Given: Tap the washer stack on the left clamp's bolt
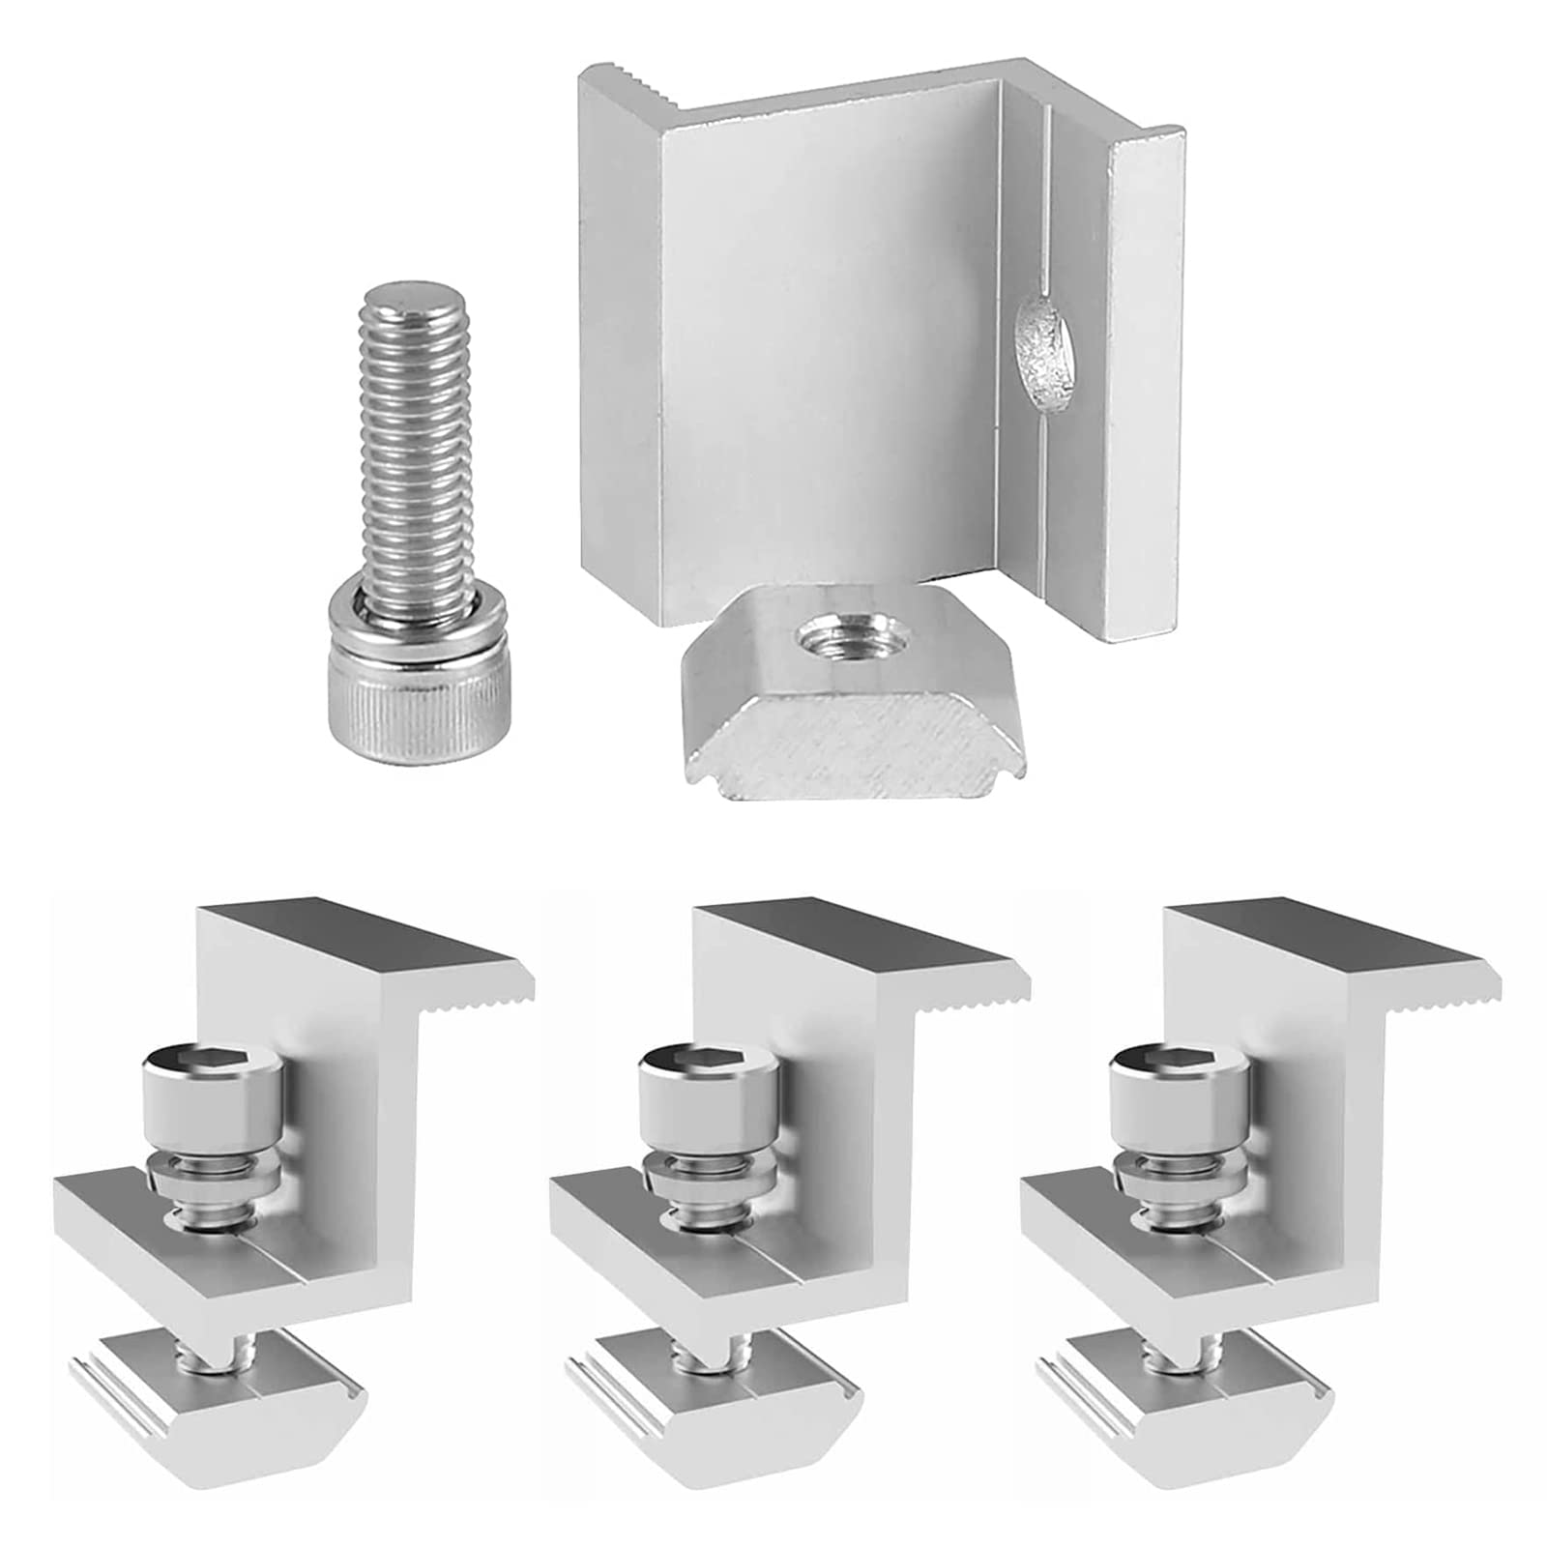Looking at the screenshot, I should point(213,1171).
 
